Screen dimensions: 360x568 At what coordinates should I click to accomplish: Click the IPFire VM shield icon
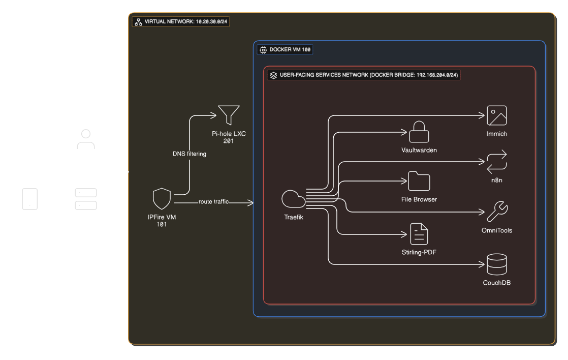[162, 199]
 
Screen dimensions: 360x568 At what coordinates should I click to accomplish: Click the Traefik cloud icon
[294, 199]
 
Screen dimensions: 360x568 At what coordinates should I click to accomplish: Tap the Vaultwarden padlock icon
[419, 132]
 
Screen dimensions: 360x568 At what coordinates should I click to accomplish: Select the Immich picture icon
[497, 115]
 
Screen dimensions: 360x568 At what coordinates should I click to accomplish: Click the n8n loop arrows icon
[497, 162]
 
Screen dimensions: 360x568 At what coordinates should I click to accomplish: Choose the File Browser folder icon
[419, 182]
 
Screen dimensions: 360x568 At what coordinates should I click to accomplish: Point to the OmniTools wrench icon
[497, 212]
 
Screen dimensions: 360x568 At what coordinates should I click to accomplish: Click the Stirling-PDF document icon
[419, 234]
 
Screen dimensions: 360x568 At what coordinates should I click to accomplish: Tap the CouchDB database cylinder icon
[497, 264]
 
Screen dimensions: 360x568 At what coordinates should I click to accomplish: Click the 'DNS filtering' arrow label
[190, 154]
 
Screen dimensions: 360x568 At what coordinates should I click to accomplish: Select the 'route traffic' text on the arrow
[213, 202]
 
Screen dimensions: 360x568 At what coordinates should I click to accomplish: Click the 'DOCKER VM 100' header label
[290, 50]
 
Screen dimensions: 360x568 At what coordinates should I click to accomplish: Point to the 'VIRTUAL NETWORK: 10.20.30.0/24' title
[185, 22]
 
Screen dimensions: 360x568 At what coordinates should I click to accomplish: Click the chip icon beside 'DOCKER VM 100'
[263, 50]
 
